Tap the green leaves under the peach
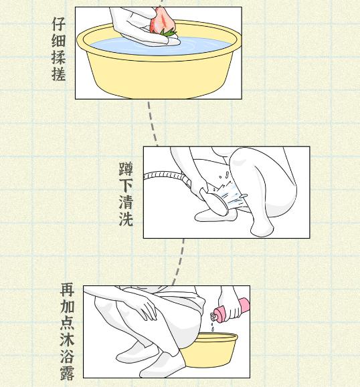pos(168,32)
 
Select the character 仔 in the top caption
pos(59,24)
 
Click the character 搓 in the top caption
pos(59,74)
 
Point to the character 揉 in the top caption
pos(59,57)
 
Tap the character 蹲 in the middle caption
pos(126,169)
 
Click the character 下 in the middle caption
pos(126,186)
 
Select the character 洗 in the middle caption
pos(126,219)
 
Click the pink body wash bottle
pos(230,311)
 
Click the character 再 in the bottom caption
pos(67,290)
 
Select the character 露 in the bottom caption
pos(67,374)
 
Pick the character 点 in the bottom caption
pos(67,324)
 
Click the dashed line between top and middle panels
pos(153,123)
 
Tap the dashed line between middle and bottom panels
pos(179,262)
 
